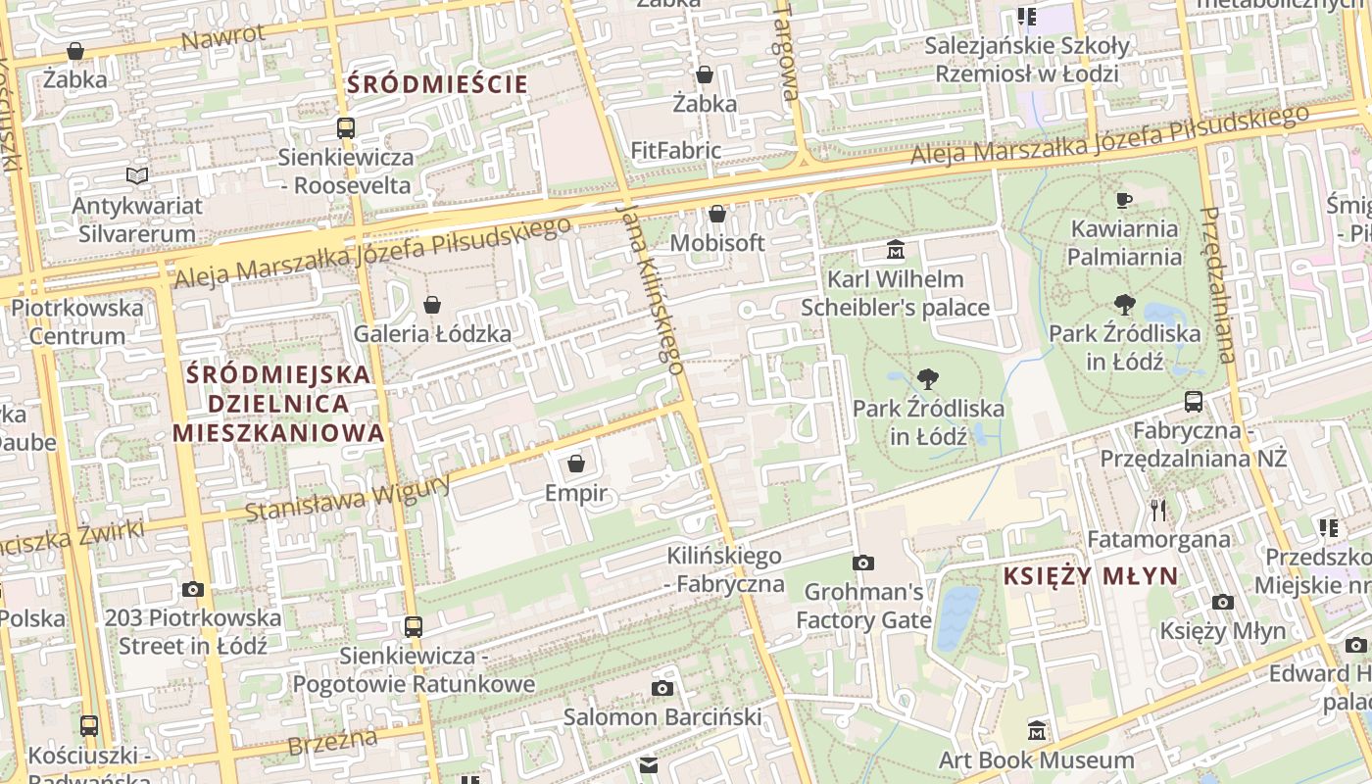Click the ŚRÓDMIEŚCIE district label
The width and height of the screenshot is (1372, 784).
click(437, 84)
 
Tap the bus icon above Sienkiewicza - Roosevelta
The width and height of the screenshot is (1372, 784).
click(345, 127)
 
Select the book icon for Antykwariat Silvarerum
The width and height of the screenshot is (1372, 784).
click(137, 176)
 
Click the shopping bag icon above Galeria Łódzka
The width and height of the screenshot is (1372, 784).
click(432, 305)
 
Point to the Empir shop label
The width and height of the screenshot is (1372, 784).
click(576, 493)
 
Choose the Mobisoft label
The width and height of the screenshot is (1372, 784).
click(716, 242)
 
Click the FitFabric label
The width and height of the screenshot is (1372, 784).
click(675, 151)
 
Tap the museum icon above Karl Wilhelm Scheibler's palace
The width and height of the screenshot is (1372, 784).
click(895, 250)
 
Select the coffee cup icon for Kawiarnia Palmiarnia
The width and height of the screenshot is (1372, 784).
click(1124, 201)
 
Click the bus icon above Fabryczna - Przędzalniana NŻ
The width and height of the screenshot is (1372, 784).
click(1193, 401)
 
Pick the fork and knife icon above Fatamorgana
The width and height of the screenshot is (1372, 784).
click(1158, 510)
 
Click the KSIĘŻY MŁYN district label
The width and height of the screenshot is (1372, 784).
click(1090, 576)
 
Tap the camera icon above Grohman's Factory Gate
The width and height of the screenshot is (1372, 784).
click(862, 563)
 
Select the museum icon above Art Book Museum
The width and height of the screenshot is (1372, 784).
click(1037, 730)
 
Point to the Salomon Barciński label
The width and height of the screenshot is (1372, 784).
click(661, 717)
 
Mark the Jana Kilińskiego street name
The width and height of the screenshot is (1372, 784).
click(649, 288)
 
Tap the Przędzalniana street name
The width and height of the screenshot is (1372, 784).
click(1217, 284)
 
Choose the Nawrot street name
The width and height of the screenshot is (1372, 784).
click(223, 37)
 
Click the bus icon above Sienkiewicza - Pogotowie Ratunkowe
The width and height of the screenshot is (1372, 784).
click(414, 626)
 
